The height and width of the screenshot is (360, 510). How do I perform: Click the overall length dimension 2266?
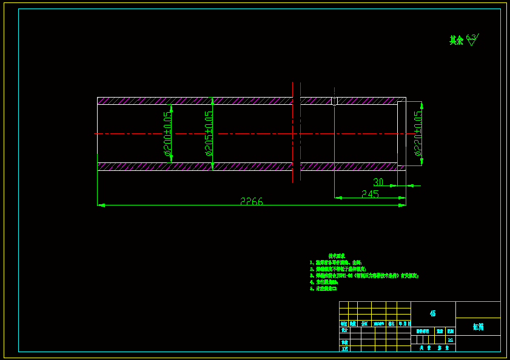(x=252, y=201)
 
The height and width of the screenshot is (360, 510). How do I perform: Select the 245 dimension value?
(x=370, y=194)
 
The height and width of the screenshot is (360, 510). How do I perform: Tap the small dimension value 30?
(x=378, y=182)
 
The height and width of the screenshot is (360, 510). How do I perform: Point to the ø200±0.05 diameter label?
(x=167, y=133)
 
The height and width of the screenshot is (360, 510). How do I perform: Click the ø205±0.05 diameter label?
(x=209, y=133)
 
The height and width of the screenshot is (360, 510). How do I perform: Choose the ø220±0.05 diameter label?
(x=418, y=133)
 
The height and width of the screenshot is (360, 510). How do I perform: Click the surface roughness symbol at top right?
(x=472, y=40)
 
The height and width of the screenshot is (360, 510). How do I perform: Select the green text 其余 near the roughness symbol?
(x=456, y=41)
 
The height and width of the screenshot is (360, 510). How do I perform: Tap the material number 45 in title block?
(x=432, y=313)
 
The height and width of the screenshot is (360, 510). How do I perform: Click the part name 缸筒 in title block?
(x=478, y=327)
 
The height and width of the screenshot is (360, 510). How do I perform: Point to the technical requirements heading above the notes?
(x=337, y=256)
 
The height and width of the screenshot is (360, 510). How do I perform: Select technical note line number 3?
(x=364, y=276)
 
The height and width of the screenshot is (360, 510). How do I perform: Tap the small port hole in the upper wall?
(x=334, y=101)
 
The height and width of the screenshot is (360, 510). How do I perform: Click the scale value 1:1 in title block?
(x=450, y=340)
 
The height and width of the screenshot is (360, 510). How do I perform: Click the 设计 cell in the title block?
(x=344, y=330)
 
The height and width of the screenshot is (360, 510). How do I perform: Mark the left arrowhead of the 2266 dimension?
(x=100, y=205)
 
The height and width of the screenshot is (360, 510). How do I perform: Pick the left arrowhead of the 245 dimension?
(x=337, y=198)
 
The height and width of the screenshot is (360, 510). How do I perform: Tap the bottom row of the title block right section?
(x=433, y=348)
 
